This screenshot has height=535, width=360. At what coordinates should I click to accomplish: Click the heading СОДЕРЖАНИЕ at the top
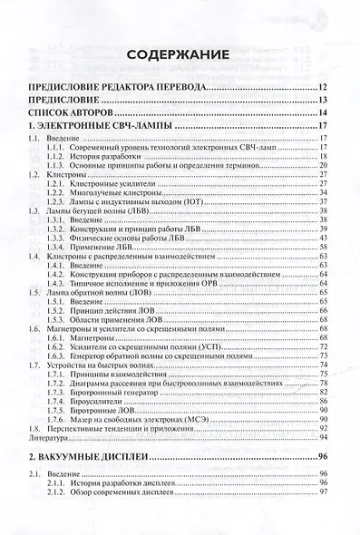click(x=180, y=55)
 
